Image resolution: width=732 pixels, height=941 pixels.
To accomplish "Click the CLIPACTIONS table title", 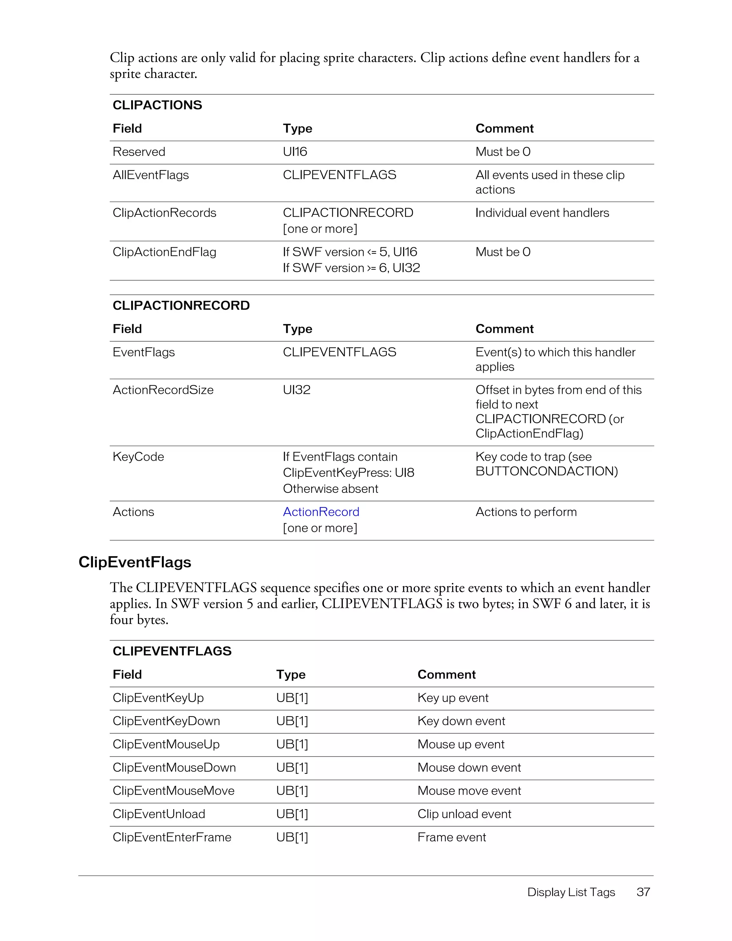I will [x=157, y=105].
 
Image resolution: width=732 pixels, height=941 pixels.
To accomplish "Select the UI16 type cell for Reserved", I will [x=295, y=152].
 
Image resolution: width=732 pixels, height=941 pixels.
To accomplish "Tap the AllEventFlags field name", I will [x=151, y=175].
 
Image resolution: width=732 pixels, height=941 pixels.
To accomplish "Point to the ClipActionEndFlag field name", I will [x=164, y=252].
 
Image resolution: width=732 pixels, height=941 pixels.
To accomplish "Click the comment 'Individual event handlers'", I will [x=542, y=213].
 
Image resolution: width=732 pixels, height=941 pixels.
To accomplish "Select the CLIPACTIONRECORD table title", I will [x=181, y=306].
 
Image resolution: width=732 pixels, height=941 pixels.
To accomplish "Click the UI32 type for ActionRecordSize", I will [x=296, y=390].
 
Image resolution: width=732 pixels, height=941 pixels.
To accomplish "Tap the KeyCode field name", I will [x=138, y=457].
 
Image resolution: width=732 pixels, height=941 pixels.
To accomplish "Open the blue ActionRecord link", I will [x=321, y=512].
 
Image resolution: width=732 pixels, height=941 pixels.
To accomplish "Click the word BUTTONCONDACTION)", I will [x=546, y=471].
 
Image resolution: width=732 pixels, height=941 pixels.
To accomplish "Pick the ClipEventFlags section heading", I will [x=135, y=562].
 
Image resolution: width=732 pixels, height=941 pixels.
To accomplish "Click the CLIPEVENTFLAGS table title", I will [x=172, y=651].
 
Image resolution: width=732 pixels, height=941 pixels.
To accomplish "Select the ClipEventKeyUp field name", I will [x=158, y=698].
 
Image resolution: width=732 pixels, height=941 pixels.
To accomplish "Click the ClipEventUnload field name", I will [x=159, y=814].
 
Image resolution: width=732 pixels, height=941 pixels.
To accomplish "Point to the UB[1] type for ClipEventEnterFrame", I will [x=292, y=837].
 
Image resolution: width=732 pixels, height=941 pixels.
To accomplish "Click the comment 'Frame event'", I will [x=451, y=837].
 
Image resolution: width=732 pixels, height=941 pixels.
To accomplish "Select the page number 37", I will [x=643, y=892].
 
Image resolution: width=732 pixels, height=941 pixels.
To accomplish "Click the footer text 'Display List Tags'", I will [x=571, y=892].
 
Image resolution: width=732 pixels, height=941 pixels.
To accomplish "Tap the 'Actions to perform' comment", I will [x=526, y=512].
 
